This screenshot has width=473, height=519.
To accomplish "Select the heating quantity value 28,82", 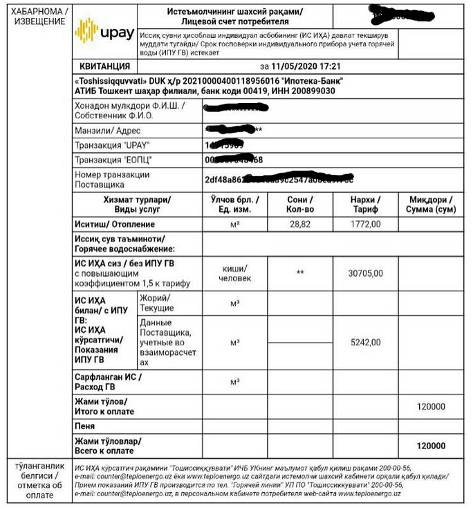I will [300, 224].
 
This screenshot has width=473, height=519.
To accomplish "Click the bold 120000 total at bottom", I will [431, 446].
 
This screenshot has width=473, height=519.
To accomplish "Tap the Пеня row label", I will [86, 426].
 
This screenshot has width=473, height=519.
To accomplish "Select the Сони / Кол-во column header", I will [300, 204].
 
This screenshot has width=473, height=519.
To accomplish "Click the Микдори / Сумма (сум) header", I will [431, 204].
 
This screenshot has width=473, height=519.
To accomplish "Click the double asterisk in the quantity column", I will [300, 273].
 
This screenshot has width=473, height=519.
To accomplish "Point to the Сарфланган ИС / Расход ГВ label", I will [108, 381].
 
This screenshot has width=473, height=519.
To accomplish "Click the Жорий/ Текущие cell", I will [157, 303].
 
